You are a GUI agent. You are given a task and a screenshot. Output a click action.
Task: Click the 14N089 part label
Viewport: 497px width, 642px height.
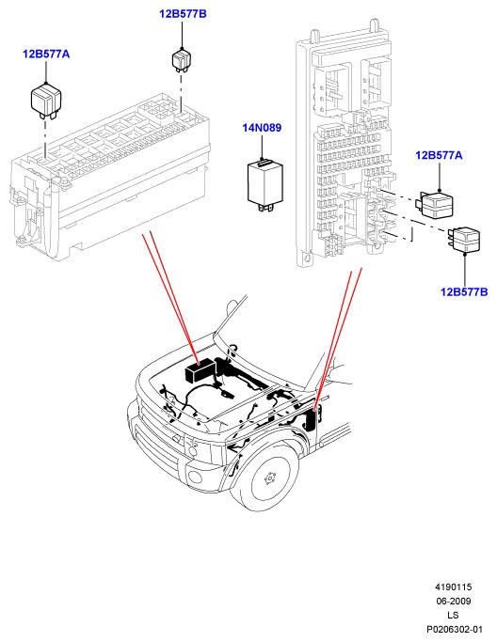262,128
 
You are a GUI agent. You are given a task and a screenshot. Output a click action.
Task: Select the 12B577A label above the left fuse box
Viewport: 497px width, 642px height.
46,54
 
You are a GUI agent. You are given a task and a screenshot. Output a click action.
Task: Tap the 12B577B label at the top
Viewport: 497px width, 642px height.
183,14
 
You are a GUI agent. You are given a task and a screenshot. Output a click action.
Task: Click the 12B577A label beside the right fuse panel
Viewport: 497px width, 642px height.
439,156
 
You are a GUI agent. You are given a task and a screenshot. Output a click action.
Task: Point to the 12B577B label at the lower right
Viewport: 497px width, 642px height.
464,292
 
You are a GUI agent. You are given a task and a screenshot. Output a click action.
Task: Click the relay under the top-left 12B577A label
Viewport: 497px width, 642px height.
46,101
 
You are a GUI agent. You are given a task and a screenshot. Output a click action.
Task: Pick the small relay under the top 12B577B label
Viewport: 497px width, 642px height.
182,60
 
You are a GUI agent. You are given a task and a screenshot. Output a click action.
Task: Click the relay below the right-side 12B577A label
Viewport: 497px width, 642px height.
435,204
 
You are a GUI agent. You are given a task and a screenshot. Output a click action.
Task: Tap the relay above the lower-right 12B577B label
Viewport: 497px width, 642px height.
464,240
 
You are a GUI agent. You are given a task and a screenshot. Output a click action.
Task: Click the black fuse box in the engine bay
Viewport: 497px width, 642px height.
200,370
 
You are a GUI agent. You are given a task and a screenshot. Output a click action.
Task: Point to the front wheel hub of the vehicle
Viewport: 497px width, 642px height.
269,478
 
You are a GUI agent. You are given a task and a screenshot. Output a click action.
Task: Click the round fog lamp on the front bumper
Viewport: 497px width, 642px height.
194,477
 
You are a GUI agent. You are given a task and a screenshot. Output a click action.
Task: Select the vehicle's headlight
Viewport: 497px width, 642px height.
204,450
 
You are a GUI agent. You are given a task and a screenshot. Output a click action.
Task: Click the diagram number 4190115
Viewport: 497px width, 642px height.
453,587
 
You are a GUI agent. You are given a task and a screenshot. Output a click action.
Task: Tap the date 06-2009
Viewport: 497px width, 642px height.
453,601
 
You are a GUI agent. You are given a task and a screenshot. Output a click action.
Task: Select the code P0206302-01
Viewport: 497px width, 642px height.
455,629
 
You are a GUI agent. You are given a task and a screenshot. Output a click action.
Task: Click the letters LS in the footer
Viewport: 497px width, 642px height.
453,615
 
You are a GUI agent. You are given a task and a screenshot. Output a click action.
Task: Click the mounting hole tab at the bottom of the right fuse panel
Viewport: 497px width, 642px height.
307,258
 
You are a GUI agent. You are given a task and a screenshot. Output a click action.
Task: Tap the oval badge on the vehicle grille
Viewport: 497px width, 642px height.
177,439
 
